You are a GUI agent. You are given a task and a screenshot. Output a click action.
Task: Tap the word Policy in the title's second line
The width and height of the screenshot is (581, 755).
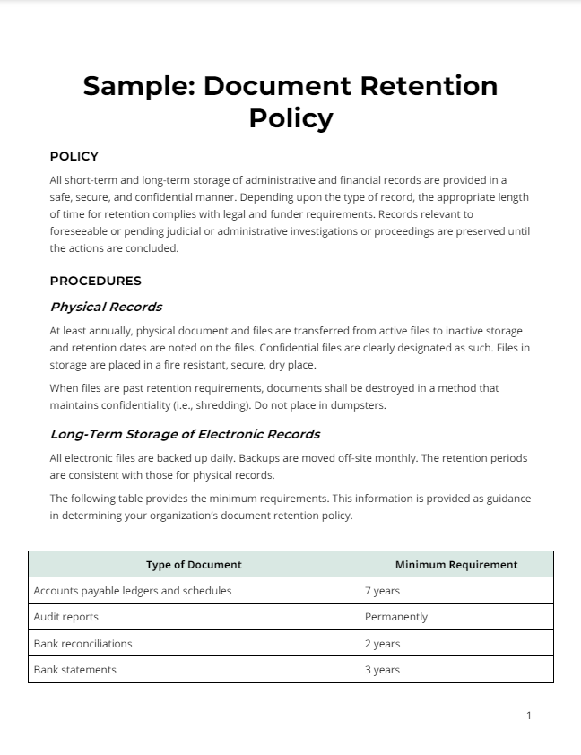coord(290,117)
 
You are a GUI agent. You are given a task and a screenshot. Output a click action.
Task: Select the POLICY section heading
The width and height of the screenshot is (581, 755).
coord(74,156)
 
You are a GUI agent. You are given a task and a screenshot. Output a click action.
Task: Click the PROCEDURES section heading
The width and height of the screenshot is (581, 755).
coord(95,281)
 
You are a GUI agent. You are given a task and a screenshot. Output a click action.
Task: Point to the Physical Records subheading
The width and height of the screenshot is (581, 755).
coord(106,307)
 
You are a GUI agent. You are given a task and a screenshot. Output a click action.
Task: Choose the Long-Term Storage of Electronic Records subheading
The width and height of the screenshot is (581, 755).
coord(185,434)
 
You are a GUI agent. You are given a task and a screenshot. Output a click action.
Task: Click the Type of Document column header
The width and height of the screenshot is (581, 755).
coord(194,565)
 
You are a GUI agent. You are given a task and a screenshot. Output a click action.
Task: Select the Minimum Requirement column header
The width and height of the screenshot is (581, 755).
coord(456,565)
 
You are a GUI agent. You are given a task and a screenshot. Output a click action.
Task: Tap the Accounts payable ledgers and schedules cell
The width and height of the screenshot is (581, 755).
coord(133,591)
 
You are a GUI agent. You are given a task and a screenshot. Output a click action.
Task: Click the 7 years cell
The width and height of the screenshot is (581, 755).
coord(383,591)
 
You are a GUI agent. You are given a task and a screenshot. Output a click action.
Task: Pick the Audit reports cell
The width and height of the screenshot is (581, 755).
coord(66,617)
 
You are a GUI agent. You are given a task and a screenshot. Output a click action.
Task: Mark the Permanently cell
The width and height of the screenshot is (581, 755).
coord(396,617)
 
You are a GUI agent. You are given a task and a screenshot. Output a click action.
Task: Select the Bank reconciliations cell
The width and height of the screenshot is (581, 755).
coord(82,644)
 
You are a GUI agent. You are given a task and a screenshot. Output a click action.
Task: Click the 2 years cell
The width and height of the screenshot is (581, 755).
coord(383,644)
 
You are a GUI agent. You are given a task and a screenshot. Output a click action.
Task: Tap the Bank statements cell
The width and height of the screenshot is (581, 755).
coord(75,670)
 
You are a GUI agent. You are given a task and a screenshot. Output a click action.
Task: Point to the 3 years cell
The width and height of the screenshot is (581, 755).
coord(383,670)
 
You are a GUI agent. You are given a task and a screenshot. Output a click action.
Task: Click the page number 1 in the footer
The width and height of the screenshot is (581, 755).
coord(529,715)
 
